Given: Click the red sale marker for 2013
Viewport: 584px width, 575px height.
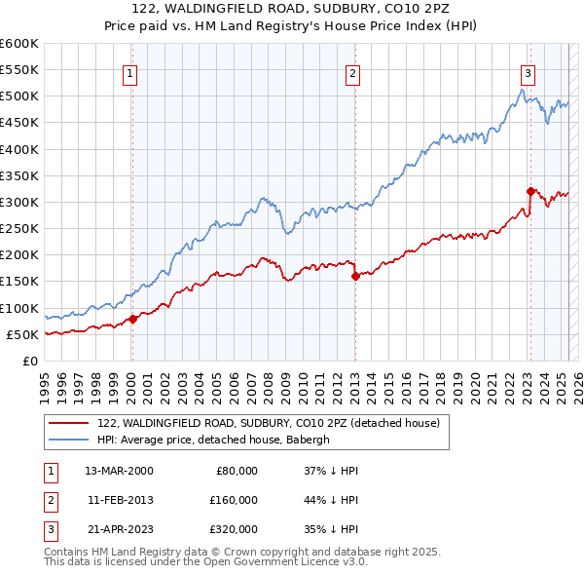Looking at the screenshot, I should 354,276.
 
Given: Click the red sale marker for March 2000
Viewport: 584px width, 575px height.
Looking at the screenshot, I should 132,319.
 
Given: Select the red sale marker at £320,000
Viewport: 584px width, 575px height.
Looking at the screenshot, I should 530,192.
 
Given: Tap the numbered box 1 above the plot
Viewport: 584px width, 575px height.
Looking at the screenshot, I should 130,71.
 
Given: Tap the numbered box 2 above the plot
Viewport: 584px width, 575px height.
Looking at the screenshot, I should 352,71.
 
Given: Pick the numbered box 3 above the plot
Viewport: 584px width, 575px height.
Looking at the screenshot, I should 528,71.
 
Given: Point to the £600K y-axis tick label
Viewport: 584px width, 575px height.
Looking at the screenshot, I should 18,44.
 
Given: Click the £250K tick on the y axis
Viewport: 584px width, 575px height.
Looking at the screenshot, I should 18,229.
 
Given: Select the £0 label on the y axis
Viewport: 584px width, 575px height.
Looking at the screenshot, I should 29,362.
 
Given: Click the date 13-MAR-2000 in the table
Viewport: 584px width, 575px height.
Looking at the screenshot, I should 119,471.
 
